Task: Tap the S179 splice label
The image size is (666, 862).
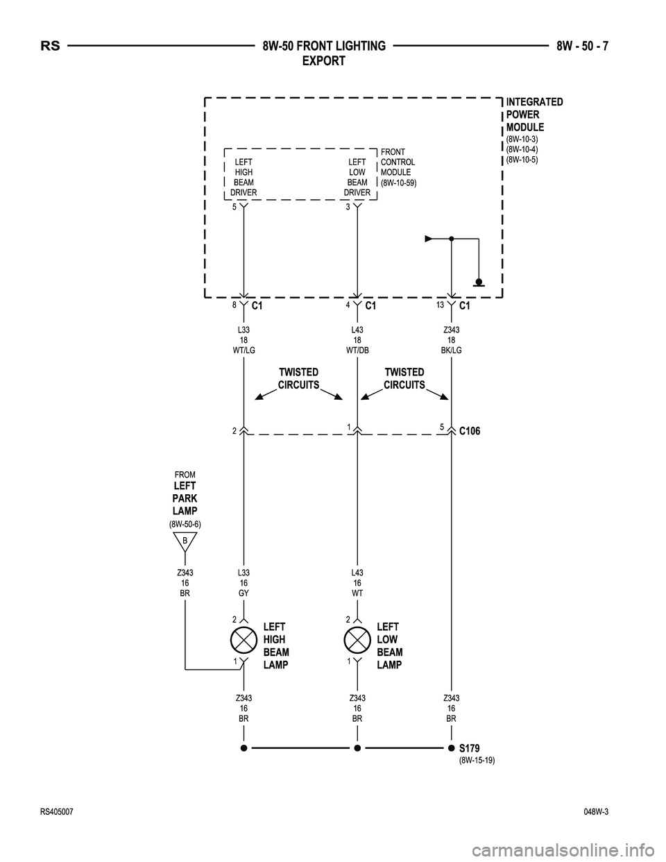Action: pyautogui.click(x=469, y=748)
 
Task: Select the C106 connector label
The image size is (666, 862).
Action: pyautogui.click(x=470, y=431)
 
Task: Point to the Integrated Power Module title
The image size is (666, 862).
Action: pyautogui.click(x=534, y=115)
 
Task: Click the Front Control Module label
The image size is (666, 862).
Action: pyautogui.click(x=398, y=167)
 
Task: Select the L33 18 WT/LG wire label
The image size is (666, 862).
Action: pyautogui.click(x=244, y=340)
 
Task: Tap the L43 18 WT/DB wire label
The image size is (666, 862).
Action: pyautogui.click(x=357, y=340)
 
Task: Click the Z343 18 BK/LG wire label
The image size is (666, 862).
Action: pyautogui.click(x=451, y=340)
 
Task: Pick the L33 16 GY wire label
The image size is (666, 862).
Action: pyautogui.click(x=244, y=583)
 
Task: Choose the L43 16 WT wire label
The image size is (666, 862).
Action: pyautogui.click(x=357, y=583)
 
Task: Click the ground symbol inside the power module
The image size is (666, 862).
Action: pyautogui.click(x=479, y=282)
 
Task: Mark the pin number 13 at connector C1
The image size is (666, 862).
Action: pyautogui.click(x=441, y=304)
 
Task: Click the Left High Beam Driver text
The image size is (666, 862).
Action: pyautogui.click(x=244, y=177)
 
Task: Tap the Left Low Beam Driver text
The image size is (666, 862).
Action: pyautogui.click(x=357, y=177)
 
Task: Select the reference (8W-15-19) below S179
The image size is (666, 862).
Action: pyautogui.click(x=477, y=761)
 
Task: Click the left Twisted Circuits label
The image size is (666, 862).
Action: pyautogui.click(x=298, y=379)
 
